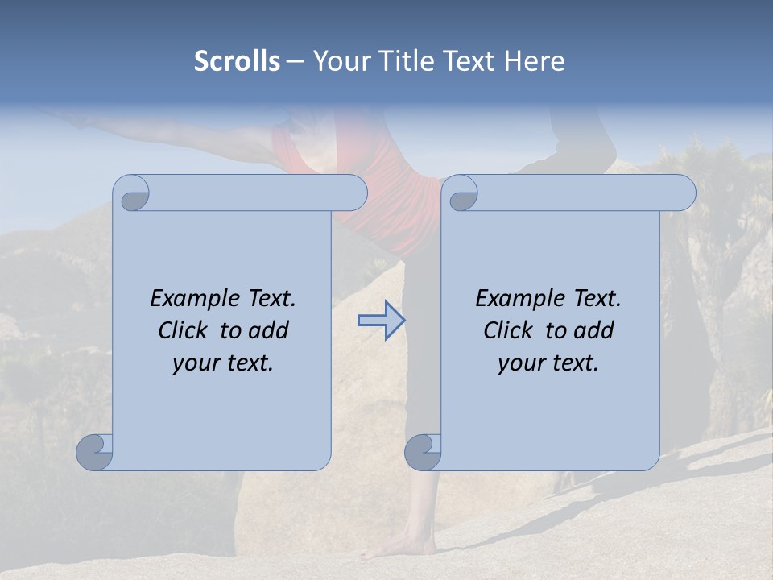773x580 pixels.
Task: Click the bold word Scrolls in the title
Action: click(x=237, y=61)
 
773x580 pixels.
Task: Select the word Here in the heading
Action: click(x=535, y=61)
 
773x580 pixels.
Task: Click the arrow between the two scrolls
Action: click(x=381, y=321)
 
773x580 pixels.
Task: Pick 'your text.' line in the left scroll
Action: click(x=223, y=363)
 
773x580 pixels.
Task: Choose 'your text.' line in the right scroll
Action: click(x=548, y=363)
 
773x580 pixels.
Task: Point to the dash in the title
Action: click(x=295, y=62)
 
